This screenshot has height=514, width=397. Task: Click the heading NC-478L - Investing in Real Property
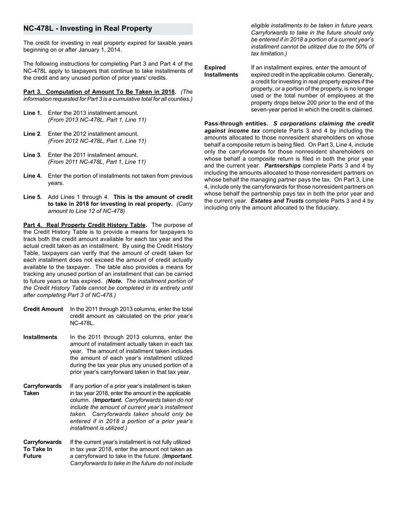(88, 29)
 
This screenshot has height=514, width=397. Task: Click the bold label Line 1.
(33, 113)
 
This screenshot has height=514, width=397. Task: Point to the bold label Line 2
(32, 134)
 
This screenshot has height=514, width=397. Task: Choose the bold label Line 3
(32, 155)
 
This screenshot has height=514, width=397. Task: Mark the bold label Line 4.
(33, 176)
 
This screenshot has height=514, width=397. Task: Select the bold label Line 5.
(33, 197)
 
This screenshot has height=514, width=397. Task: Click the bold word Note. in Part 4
(115, 281)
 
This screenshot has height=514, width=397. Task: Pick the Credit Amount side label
(43, 309)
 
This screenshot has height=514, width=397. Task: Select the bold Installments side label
(40, 337)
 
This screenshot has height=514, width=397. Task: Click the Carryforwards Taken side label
(42, 389)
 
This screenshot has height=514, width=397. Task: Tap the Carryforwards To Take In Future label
(42, 449)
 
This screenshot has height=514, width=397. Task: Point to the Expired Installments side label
(221, 71)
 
